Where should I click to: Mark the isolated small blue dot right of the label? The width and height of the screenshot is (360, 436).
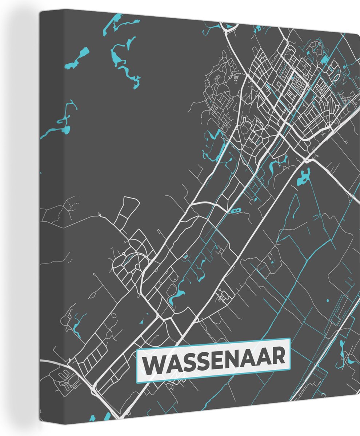(x=327, y=300)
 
